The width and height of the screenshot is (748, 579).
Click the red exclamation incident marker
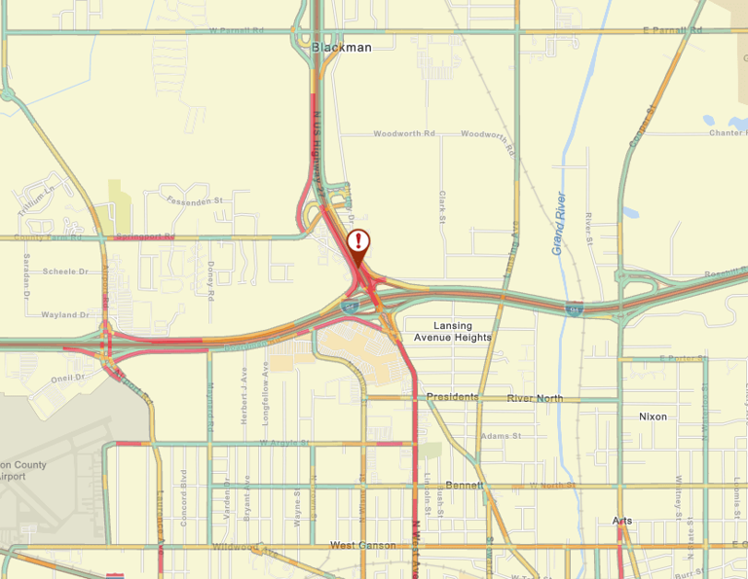[359, 241]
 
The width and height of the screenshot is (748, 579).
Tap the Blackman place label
[342, 47]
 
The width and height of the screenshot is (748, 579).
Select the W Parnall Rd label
[237, 30]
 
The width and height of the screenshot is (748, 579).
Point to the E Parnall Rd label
[673, 30]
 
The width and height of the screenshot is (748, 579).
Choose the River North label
[535, 398]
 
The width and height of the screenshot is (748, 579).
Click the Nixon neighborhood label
[654, 416]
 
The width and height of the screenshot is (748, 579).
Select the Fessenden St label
[195, 200]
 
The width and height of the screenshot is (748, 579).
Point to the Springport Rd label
[144, 236]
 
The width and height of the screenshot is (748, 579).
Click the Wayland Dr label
[65, 315]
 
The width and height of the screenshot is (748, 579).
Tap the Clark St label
[442, 207]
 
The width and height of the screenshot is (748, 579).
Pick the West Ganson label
[362, 546]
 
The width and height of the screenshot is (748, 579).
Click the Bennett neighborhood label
[458, 485]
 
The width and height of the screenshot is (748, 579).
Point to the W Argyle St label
[283, 443]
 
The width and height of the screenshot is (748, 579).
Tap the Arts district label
[622, 521]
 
